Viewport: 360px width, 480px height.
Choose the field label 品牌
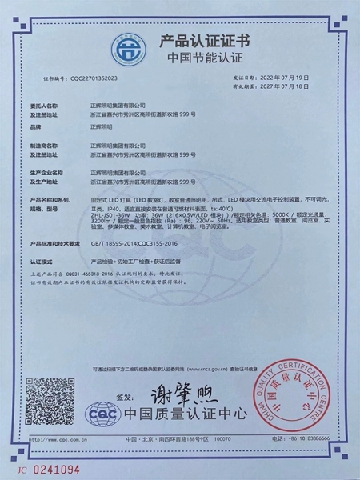coord(34,126)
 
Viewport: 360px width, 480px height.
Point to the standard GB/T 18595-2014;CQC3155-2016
coord(136,242)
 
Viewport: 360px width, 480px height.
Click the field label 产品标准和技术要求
coord(54,242)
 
